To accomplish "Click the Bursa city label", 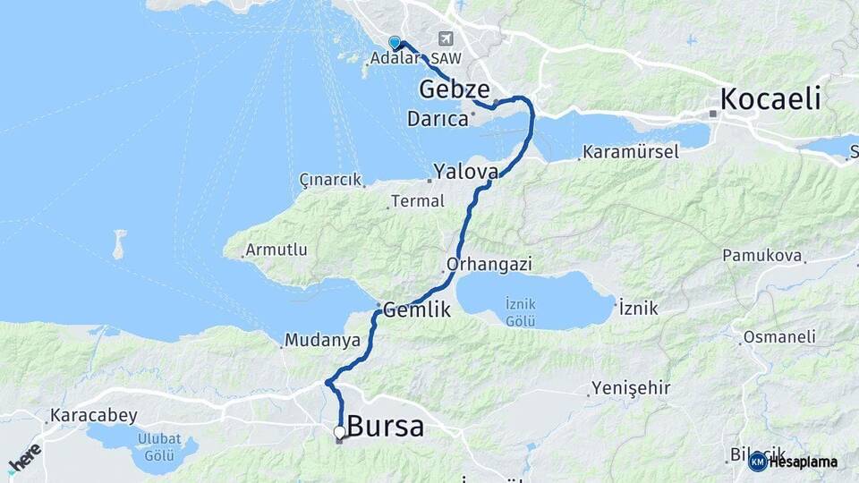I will (x=386, y=427).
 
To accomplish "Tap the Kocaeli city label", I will (x=770, y=98).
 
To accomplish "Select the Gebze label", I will (x=455, y=89).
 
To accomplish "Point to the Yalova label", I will (x=465, y=171).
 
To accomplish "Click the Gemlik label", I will (x=417, y=309).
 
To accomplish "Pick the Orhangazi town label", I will (x=489, y=264).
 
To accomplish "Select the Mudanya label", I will (x=322, y=341).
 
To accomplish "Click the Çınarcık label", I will (x=328, y=180).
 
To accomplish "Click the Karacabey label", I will (x=94, y=415).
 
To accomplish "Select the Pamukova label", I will (x=761, y=256).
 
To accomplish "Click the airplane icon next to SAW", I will (x=447, y=39).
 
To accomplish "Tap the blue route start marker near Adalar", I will (x=395, y=42).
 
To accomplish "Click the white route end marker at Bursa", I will (x=339, y=433).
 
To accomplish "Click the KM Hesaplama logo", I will (x=793, y=462).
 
